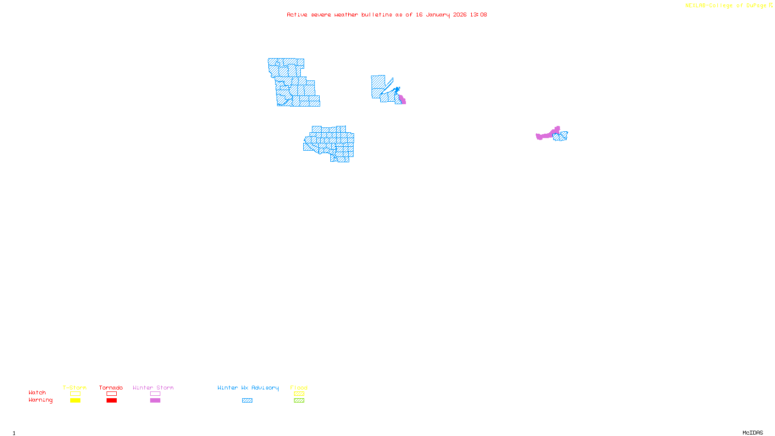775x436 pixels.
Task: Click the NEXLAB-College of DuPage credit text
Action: coord(726,6)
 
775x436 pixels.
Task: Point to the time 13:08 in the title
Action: coord(479,15)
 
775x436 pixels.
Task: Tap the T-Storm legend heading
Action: coord(75,388)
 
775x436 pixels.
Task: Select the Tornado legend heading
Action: coord(111,388)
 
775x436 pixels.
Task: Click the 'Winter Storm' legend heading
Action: coord(153,388)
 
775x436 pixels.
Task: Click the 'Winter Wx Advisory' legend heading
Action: coord(248,388)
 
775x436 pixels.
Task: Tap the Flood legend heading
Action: coord(299,388)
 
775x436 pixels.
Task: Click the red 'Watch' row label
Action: coord(37,393)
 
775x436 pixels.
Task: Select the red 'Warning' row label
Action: coord(41,400)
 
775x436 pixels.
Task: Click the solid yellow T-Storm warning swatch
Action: coord(75,401)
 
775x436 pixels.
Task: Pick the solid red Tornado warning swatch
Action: coord(111,401)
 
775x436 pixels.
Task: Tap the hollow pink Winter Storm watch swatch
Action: coord(155,394)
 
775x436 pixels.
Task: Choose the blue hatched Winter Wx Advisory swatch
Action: coord(247,401)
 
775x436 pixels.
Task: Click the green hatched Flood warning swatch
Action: coord(299,401)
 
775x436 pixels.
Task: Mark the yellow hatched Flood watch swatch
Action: coord(299,394)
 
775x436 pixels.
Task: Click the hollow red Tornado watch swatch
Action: coord(111,394)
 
